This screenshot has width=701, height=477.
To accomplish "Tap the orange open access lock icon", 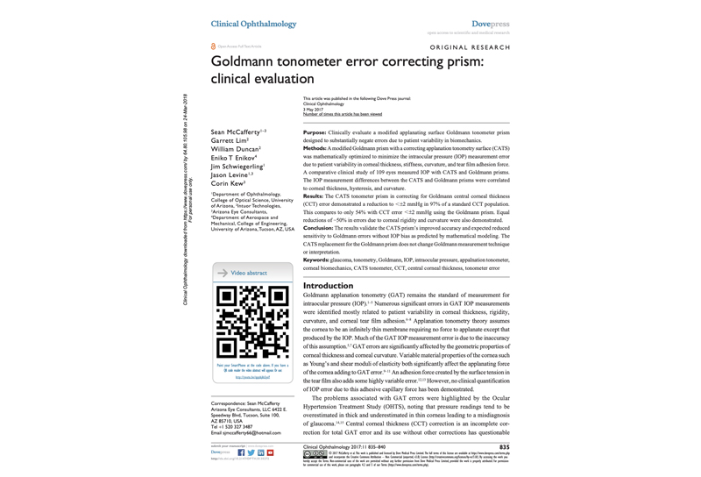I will click(214, 46).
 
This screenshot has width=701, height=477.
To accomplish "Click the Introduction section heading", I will click(328, 286).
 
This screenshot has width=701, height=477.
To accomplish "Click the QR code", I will click(252, 322).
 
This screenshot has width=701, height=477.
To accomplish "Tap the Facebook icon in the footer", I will click(241, 452).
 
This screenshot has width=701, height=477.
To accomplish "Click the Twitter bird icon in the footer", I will click(251, 452).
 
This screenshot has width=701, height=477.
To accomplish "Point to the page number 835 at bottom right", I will click(504, 446).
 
